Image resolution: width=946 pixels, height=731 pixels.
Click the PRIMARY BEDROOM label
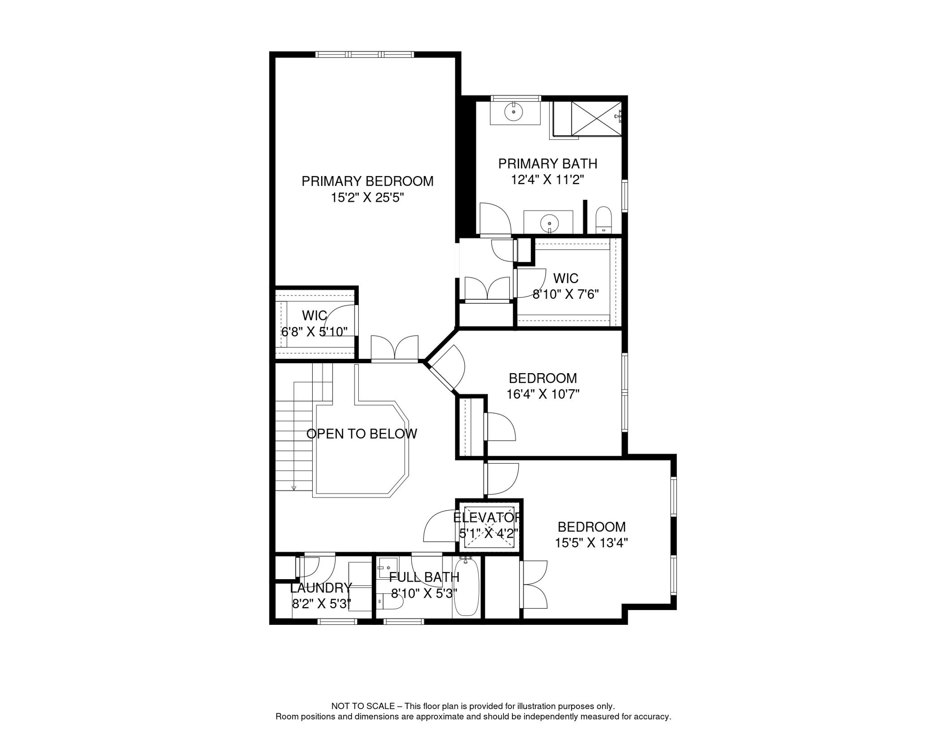point(367,181)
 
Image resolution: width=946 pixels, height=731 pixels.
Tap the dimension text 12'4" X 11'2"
point(547,180)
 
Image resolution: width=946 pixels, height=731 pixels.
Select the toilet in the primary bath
point(603,220)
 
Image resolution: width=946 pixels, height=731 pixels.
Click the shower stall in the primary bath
point(596,119)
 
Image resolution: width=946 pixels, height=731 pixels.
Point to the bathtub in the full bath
point(466,587)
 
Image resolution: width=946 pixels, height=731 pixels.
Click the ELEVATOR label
point(487,517)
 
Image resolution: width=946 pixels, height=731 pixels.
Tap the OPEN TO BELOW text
point(362,434)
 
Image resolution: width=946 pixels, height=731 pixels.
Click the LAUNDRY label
point(321,588)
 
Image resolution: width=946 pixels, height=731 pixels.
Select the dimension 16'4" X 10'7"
point(543,395)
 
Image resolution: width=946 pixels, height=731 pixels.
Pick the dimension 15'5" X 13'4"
point(591,543)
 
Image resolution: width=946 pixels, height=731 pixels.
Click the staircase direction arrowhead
point(294,488)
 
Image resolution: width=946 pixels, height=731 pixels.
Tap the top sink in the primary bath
point(514,112)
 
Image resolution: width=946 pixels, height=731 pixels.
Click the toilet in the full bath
point(390,601)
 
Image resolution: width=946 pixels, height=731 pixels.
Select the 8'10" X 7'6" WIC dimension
point(565,295)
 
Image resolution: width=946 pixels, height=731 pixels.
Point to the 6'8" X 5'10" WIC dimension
point(314,332)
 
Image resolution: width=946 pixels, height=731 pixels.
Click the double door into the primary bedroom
point(394,348)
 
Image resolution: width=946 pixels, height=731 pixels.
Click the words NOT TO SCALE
point(363,706)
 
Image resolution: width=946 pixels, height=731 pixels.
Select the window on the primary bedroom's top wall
point(365,55)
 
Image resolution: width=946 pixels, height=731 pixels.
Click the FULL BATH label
point(424,577)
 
